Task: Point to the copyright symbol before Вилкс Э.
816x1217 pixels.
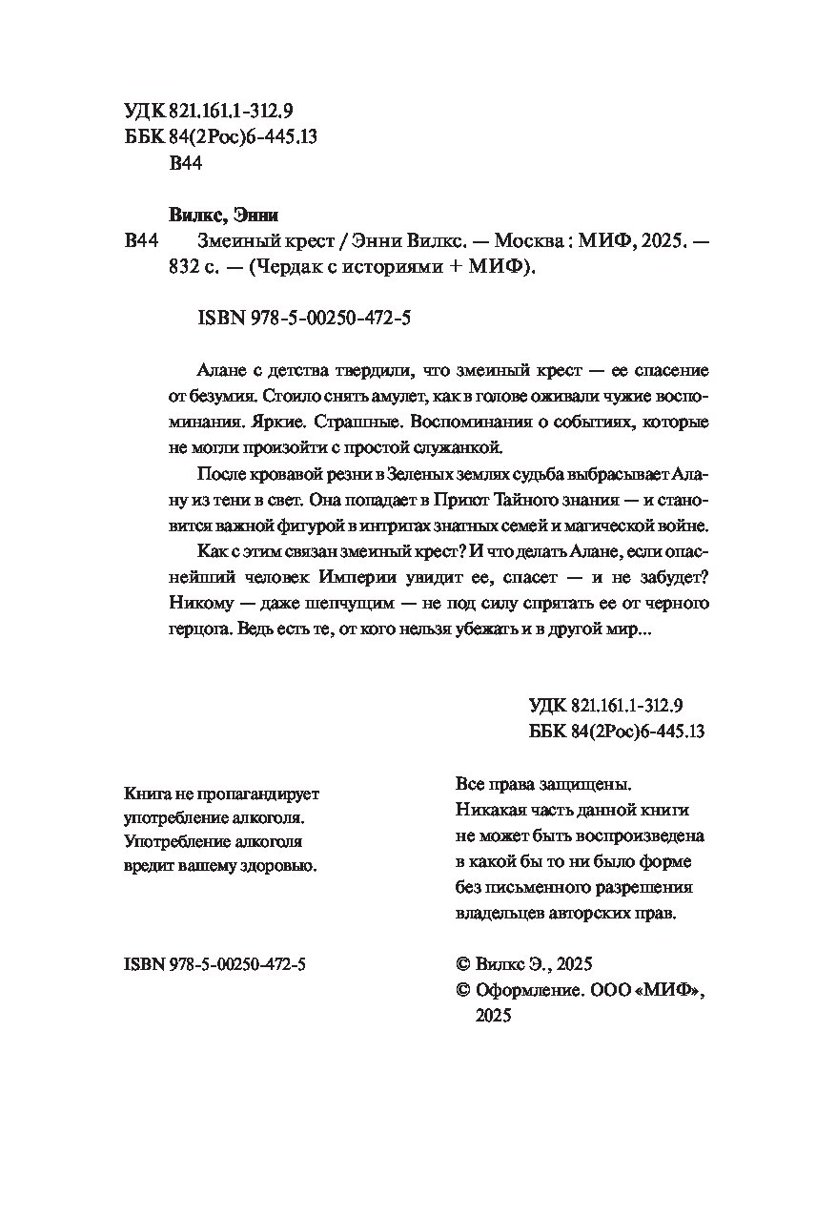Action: point(465,965)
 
